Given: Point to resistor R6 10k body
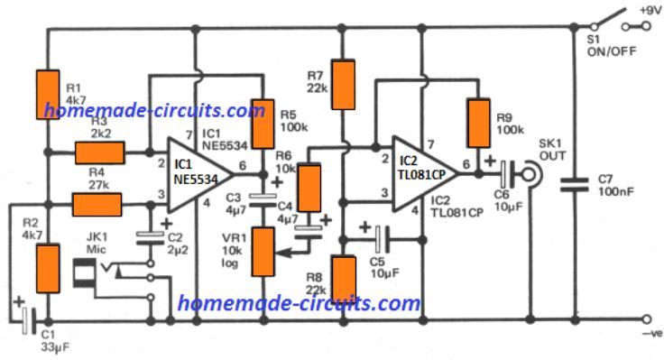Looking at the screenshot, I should [309, 187].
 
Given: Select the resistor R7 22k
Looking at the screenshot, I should [343, 84].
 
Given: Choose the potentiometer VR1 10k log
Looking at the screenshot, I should [263, 251].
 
